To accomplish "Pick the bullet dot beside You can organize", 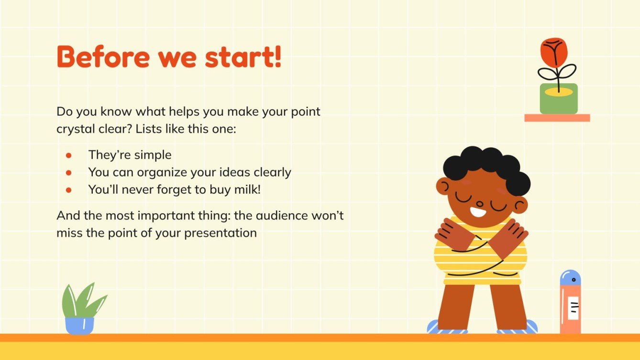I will click(x=68, y=173).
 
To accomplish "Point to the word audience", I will click(x=282, y=216).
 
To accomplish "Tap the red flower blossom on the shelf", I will click(x=554, y=52).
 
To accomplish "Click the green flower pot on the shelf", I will click(x=558, y=100).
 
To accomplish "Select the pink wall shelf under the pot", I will click(x=557, y=118).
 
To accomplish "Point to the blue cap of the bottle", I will click(x=570, y=278).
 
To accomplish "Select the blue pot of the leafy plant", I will click(x=79, y=325).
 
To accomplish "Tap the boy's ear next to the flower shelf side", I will click(x=520, y=205).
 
